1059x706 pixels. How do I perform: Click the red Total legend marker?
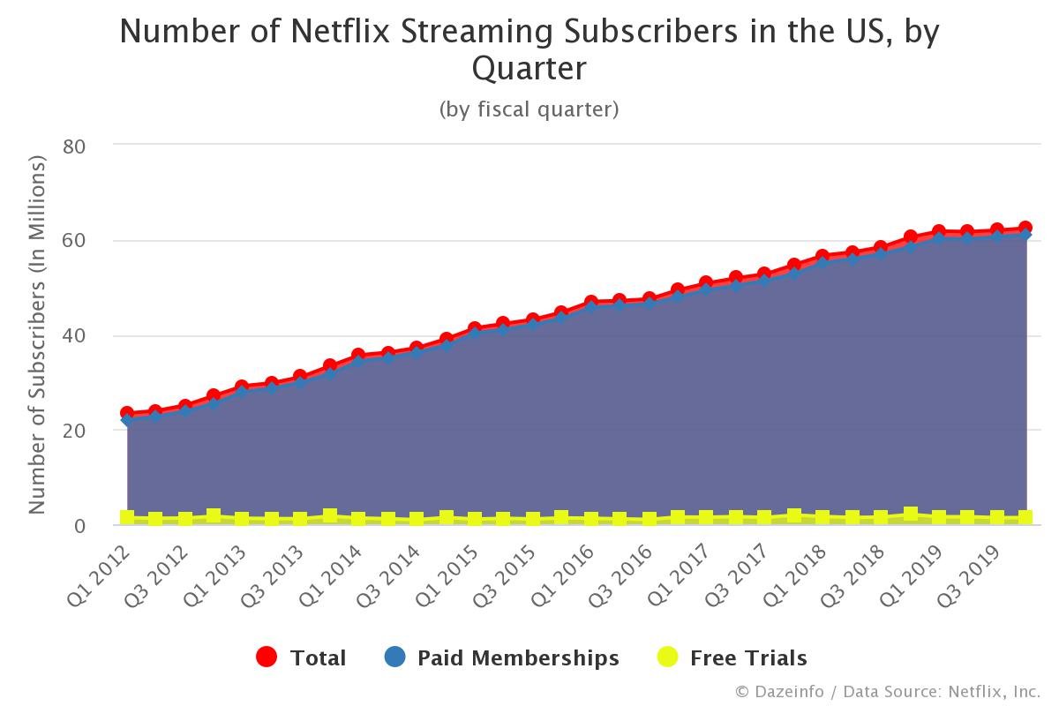click(267, 657)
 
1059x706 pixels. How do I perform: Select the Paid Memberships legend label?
click(518, 658)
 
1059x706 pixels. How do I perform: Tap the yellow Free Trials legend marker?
click(669, 657)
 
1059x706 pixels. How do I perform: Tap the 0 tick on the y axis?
click(79, 527)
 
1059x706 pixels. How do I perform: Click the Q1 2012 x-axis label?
click(100, 573)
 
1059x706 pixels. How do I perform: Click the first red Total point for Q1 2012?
click(127, 413)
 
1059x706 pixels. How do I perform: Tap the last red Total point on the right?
click(1025, 229)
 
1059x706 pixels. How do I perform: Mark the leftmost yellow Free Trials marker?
click(127, 517)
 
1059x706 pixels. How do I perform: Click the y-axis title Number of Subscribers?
click(37, 335)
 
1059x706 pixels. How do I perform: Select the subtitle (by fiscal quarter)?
click(529, 109)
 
